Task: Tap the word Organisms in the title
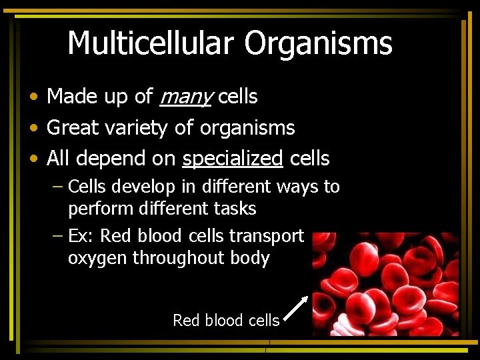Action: [x=318, y=44]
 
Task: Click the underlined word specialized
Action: [x=233, y=159]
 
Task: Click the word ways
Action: [x=297, y=187]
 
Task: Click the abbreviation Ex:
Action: [x=81, y=237]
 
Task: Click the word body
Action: [x=251, y=259]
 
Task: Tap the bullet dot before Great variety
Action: [x=33, y=128]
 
